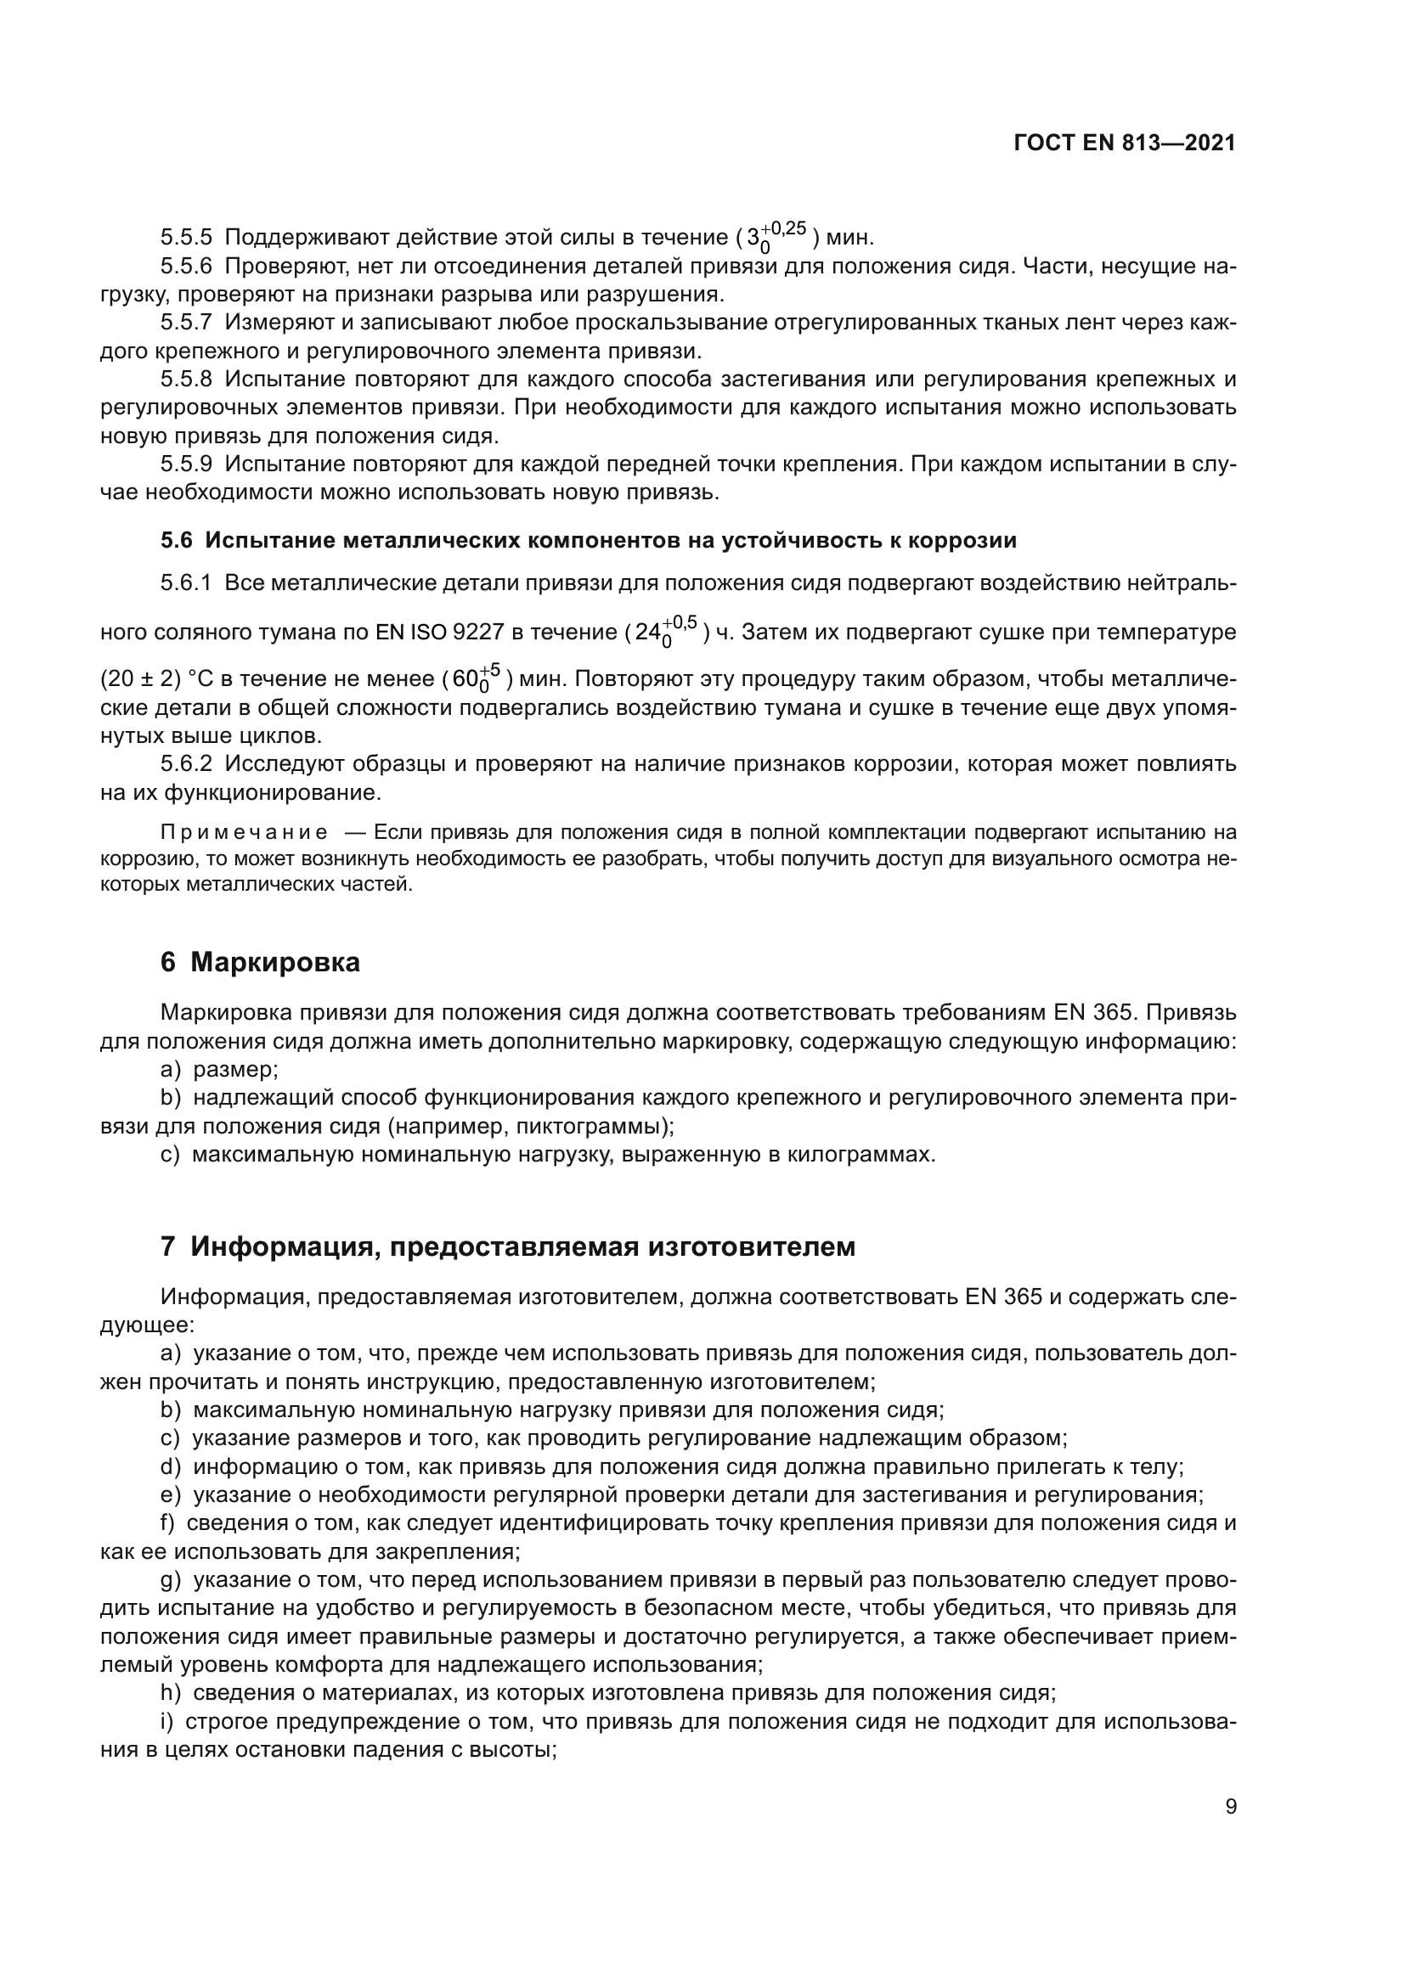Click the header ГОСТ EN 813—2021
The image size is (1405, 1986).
pyautogui.click(x=1124, y=143)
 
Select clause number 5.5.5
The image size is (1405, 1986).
pyautogui.click(x=186, y=237)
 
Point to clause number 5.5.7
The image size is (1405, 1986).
pyautogui.click(x=186, y=323)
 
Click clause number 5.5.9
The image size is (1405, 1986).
pyautogui.click(x=186, y=464)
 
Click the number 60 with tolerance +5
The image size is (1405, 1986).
pyautogui.click(x=466, y=679)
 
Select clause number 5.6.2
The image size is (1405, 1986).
pyautogui.click(x=186, y=764)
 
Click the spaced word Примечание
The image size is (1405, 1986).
pyautogui.click(x=244, y=833)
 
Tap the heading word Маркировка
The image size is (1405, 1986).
pyautogui.click(x=275, y=962)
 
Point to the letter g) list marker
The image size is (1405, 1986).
pyautogui.click(x=171, y=1580)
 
